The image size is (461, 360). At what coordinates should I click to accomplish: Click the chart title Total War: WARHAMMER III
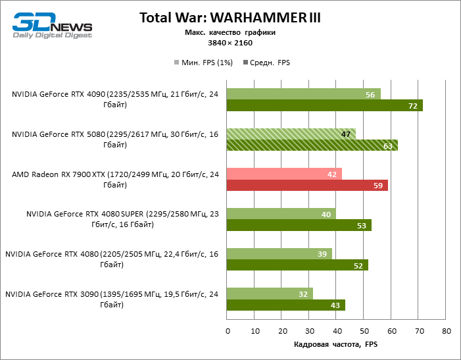(x=230, y=18)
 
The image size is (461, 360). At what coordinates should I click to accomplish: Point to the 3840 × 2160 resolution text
(x=230, y=43)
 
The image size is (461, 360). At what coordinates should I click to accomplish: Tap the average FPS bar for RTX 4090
(x=324, y=106)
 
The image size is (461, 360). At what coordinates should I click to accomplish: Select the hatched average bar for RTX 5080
(x=312, y=145)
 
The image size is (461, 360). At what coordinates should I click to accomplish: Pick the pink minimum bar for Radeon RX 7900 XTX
(x=283, y=174)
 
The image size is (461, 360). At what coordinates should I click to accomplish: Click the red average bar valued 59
(x=306, y=186)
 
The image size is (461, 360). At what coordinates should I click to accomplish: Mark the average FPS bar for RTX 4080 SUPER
(x=299, y=226)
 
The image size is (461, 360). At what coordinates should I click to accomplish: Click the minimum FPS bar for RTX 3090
(x=269, y=294)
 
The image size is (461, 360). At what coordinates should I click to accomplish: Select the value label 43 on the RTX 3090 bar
(x=336, y=305)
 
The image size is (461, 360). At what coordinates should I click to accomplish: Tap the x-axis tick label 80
(x=446, y=331)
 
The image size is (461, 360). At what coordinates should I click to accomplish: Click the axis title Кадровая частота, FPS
(x=335, y=344)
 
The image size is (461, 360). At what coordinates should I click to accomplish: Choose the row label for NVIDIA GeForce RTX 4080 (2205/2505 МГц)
(x=112, y=259)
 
